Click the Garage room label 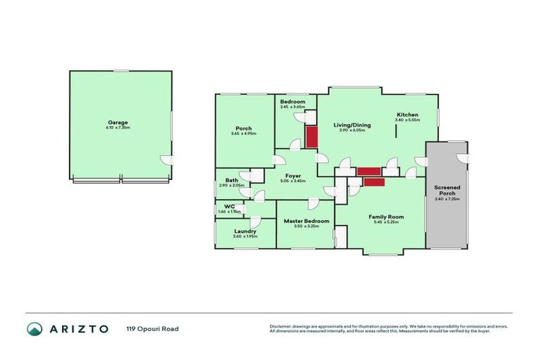[x=117, y=122]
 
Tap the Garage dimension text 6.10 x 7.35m [x=117, y=128]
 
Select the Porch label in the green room [x=243, y=128]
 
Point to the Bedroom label [x=292, y=102]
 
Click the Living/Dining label [x=354, y=125]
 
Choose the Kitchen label [x=407, y=115]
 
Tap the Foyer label [x=293, y=176]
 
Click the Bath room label [x=231, y=180]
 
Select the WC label [x=229, y=206]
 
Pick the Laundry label [x=245, y=231]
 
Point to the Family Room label [x=386, y=217]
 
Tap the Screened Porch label [x=447, y=190]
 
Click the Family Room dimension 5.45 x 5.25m [x=386, y=224]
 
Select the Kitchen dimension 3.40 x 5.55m [x=407, y=120]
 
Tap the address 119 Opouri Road [x=148, y=328]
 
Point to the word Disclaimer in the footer [x=281, y=326]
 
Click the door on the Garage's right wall [x=166, y=160]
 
